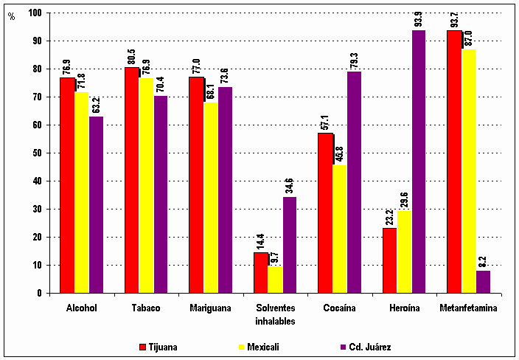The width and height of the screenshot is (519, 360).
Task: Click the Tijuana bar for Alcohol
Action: (x=67, y=184)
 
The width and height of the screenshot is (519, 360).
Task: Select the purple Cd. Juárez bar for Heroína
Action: (x=419, y=162)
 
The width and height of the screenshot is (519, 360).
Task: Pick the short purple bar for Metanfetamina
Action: (x=483, y=282)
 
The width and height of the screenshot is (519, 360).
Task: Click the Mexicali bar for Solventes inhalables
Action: (x=275, y=280)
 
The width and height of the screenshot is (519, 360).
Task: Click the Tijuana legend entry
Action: (x=159, y=345)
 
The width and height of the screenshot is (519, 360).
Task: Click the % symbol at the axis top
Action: (x=11, y=16)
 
